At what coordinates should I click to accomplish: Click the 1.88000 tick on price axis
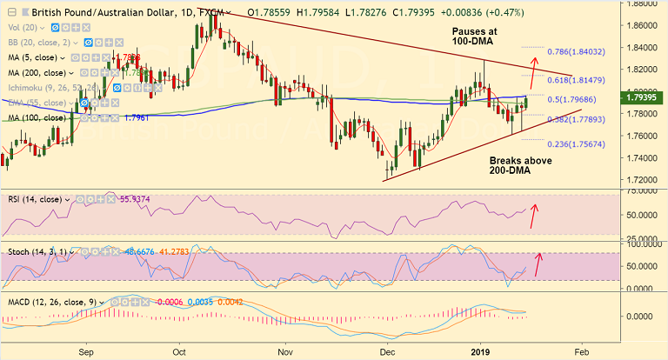642,3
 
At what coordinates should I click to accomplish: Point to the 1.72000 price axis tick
642,181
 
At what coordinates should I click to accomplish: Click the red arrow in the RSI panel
533,213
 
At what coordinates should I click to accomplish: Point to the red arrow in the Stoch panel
537,263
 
